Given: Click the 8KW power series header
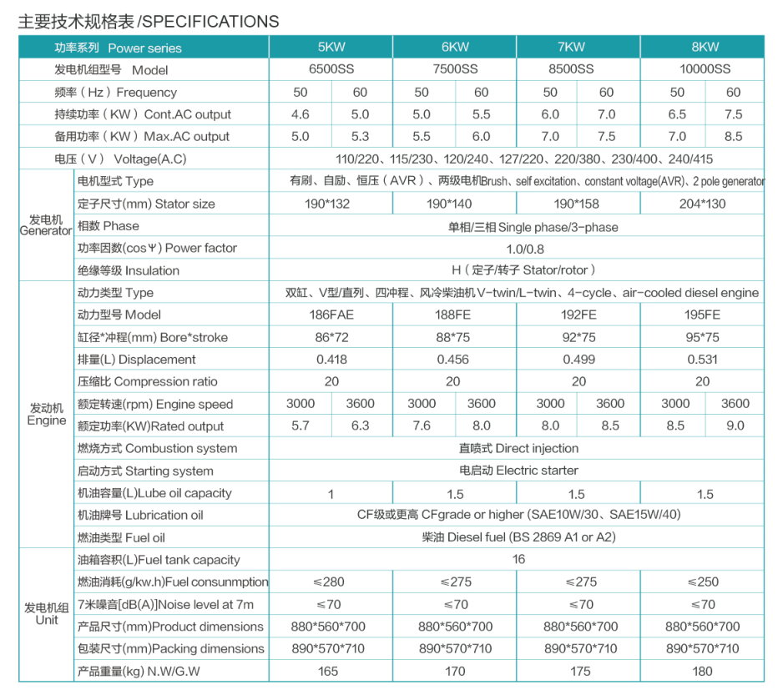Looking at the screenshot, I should click(705, 47).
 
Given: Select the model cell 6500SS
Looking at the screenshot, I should click(331, 69).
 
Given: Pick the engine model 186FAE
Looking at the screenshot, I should click(331, 315).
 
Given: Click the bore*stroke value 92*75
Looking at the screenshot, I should click(578, 337).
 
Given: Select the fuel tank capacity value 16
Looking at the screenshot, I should click(518, 559).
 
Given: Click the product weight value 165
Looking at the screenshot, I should click(331, 671).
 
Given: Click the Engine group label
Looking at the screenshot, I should click(46, 415).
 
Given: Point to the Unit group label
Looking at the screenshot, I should click(46, 614).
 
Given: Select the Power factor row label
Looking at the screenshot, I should click(158, 248).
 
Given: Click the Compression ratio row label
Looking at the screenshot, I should click(148, 381).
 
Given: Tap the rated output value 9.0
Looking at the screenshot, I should click(735, 426).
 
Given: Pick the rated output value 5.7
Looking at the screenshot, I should click(301, 426).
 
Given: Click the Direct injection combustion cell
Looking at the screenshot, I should click(518, 448).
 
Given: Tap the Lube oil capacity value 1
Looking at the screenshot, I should click(331, 493).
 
